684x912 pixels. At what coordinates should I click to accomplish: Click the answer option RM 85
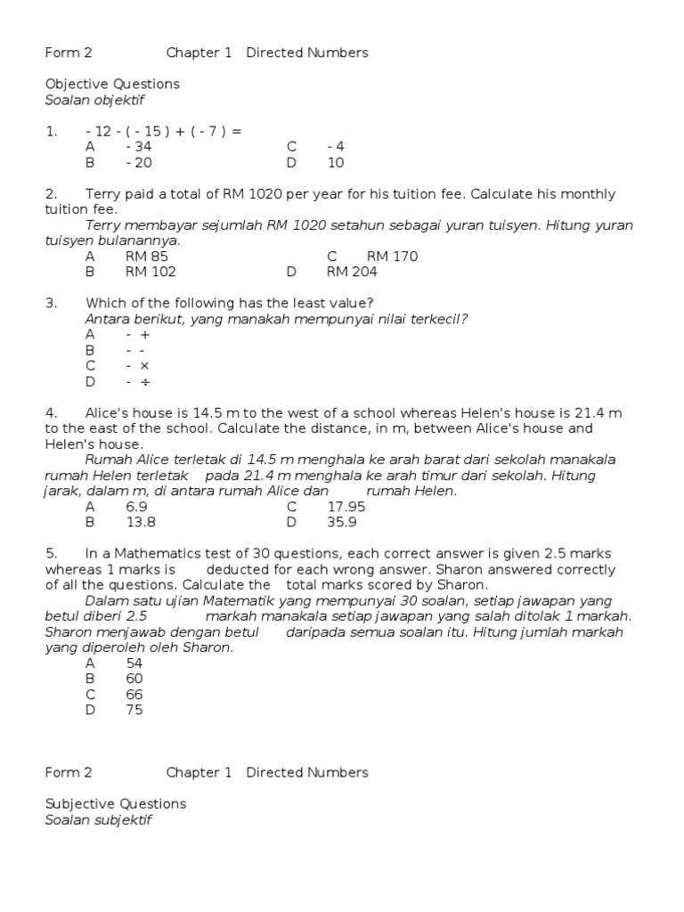(x=147, y=256)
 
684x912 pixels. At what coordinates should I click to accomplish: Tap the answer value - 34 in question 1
(x=139, y=147)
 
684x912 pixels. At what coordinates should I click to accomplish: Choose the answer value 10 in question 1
(x=336, y=163)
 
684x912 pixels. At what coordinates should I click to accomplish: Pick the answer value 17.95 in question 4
(x=346, y=507)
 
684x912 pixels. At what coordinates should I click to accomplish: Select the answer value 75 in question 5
(x=134, y=710)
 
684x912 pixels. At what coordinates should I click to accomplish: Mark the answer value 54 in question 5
(x=134, y=664)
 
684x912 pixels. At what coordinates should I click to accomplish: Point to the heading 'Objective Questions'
(x=112, y=84)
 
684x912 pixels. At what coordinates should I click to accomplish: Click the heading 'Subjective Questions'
(x=116, y=803)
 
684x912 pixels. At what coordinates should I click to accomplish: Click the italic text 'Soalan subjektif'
(x=99, y=820)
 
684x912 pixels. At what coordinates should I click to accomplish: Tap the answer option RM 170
(x=392, y=256)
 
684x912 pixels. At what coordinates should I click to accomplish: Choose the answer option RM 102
(x=151, y=273)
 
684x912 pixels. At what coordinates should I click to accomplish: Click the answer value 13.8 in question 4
(x=141, y=523)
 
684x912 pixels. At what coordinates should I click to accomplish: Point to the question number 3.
(x=50, y=303)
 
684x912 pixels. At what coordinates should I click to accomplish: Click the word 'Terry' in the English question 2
(x=104, y=194)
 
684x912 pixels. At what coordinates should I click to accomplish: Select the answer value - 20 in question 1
(x=139, y=163)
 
